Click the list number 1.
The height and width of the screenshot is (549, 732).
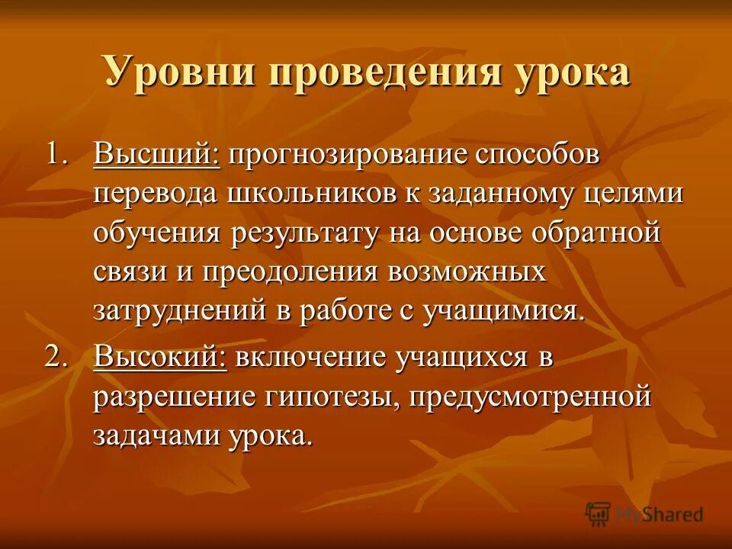(58, 155)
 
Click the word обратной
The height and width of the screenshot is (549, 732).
(593, 233)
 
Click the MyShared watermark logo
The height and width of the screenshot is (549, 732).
(645, 513)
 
